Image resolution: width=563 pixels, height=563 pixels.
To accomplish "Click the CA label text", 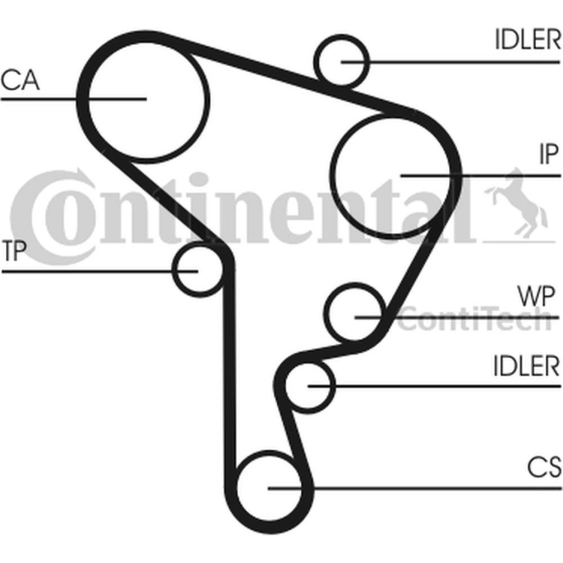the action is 20,80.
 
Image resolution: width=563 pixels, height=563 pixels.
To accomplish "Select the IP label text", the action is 549,154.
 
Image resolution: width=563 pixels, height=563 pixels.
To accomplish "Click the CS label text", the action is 544,467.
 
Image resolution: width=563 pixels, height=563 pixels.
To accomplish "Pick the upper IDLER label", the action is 528,39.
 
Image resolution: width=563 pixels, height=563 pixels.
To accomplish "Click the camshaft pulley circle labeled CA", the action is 208,99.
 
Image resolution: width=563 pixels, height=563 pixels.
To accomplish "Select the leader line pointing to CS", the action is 414,488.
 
